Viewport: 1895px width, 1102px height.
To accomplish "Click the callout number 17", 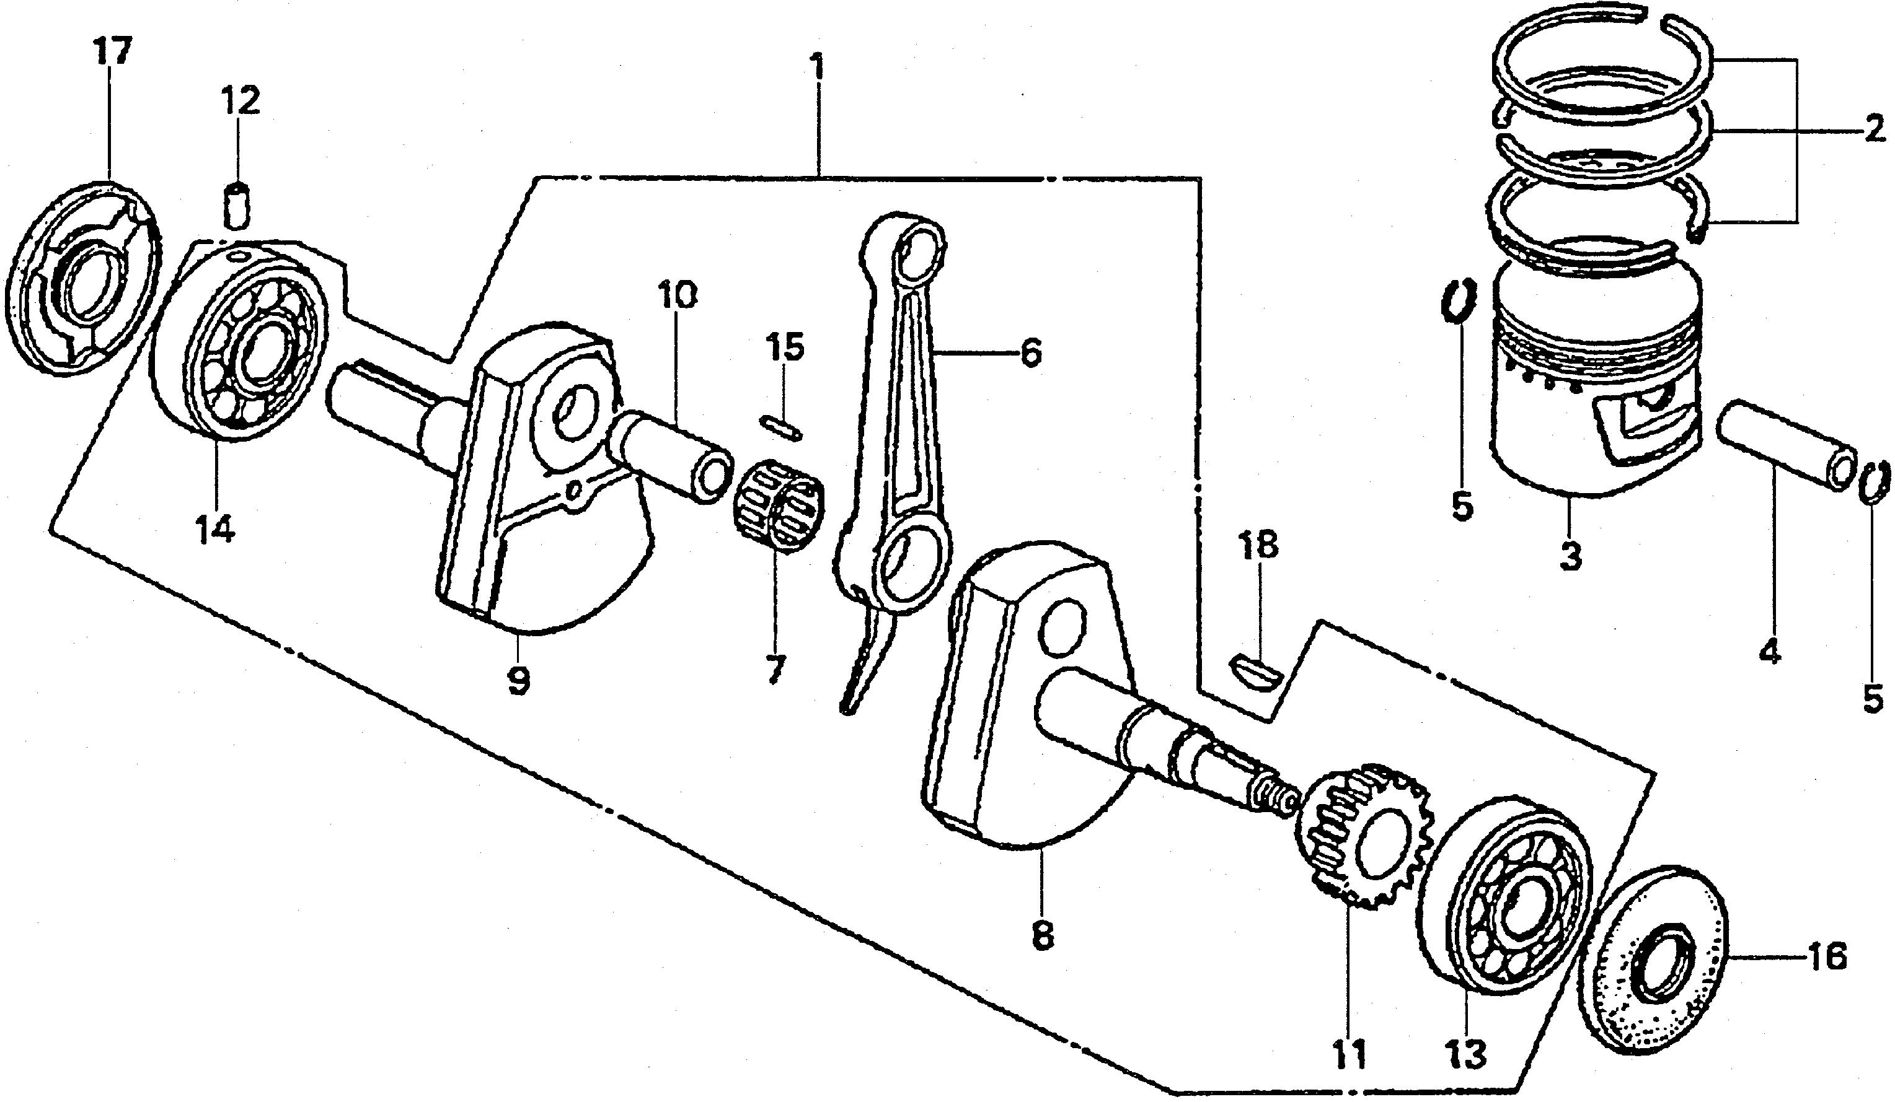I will tap(112, 53).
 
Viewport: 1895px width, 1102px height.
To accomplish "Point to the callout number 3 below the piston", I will tap(1570, 558).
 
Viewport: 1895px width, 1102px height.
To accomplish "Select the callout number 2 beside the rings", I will tap(1873, 131).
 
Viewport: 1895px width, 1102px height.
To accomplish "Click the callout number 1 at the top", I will tap(816, 68).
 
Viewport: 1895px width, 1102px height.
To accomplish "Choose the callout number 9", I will tap(518, 681).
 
